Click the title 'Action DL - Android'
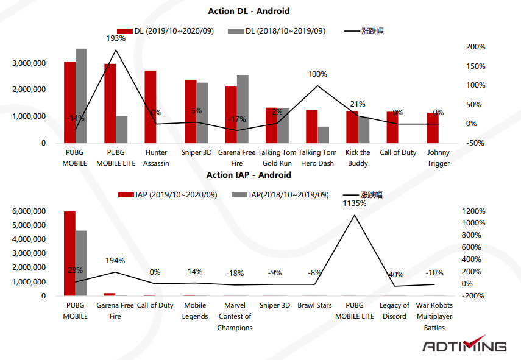point(248,11)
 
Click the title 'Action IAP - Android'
point(249,175)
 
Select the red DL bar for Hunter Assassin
point(151,107)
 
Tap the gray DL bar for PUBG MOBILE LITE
point(122,129)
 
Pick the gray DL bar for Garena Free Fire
point(243,108)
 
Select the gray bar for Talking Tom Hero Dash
point(324,135)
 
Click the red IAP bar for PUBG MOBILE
point(69,253)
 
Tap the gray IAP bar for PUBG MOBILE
point(81,263)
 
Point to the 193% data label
point(116,38)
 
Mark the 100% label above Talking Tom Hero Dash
point(317,74)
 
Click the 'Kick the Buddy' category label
point(358,158)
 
